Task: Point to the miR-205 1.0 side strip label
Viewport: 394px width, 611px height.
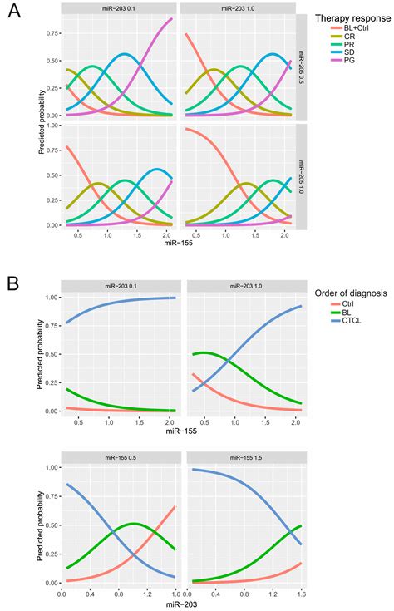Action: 303,176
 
